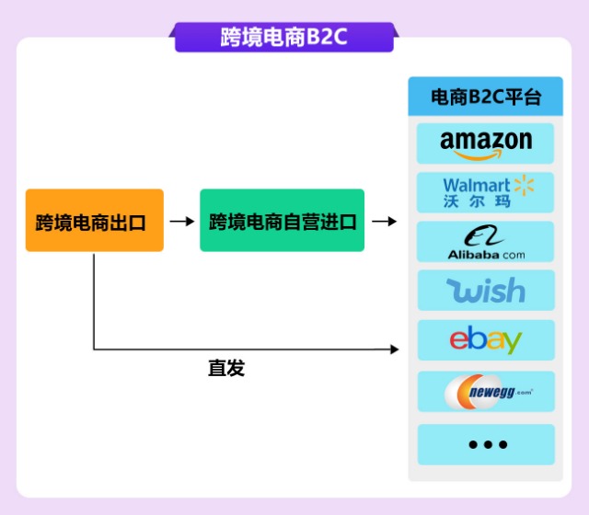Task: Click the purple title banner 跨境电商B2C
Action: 283,38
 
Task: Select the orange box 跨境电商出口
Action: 95,221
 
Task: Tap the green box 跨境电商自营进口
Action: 283,221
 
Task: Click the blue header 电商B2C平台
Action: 485,97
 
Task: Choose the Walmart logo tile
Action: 485,192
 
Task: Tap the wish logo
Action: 485,291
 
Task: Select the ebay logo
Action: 485,340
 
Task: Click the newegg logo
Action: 485,392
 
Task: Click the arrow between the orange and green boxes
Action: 182,222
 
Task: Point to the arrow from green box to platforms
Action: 385,222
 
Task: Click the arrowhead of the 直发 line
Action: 396,349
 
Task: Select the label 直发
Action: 226,368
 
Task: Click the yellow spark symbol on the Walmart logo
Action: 523,186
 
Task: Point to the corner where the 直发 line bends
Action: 95,349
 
